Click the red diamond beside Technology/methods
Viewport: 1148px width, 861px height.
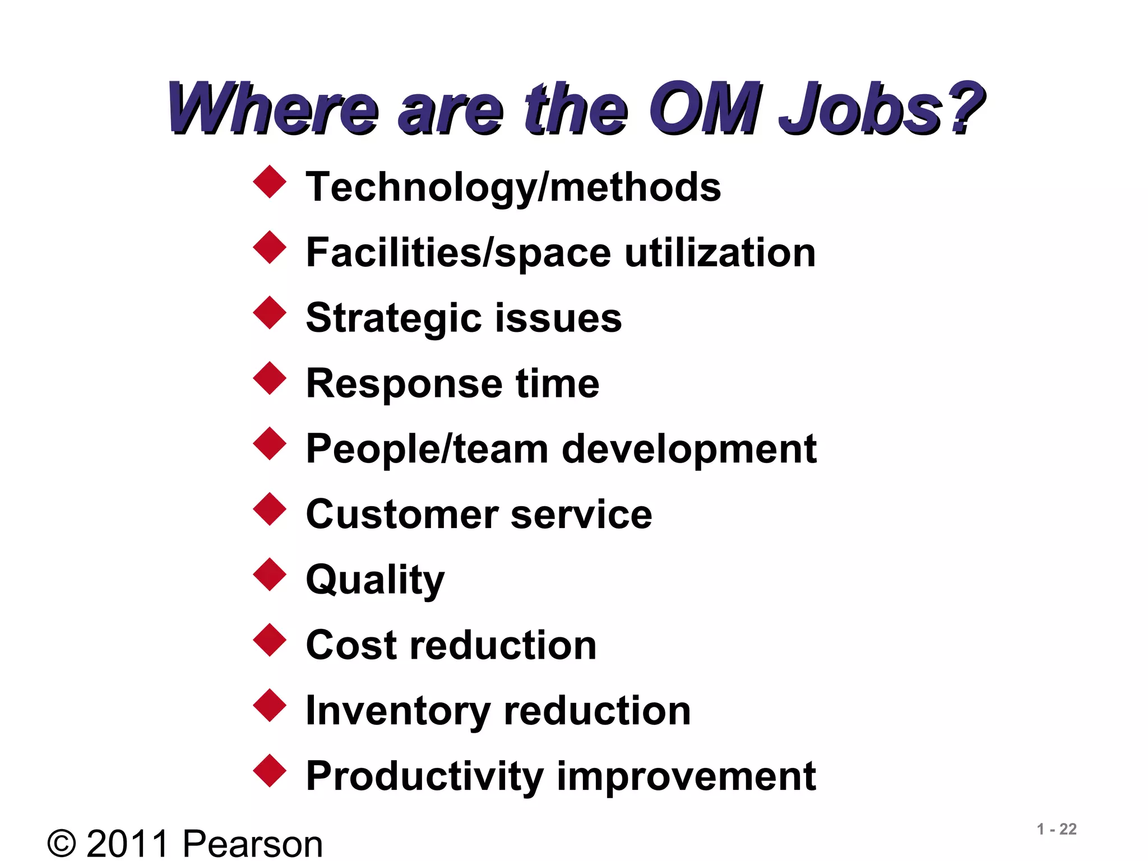(270, 182)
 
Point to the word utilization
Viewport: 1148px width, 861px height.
(720, 253)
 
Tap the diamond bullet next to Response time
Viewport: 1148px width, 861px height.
(270, 378)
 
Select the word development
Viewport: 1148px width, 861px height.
(689, 450)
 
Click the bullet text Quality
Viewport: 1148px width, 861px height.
(375, 581)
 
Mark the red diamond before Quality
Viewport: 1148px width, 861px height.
(270, 574)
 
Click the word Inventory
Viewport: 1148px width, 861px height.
(398, 711)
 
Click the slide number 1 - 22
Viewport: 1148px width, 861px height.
(1056, 829)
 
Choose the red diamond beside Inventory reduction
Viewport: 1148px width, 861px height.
(270, 705)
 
